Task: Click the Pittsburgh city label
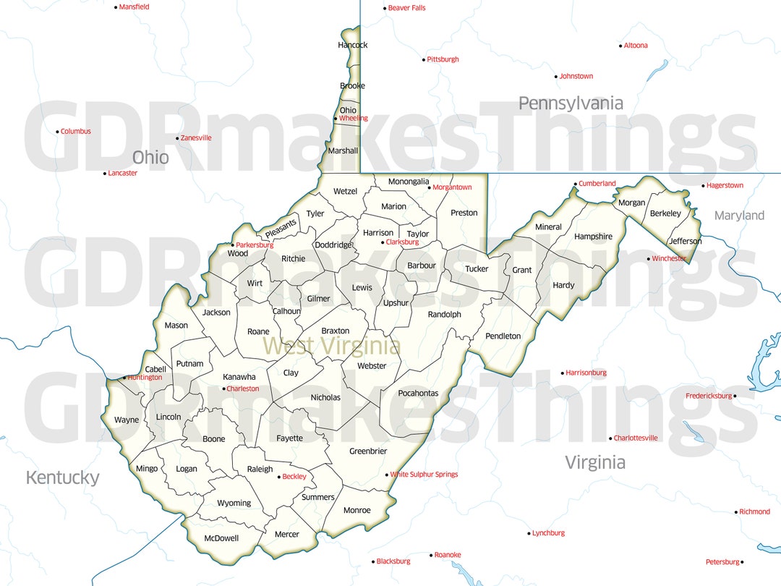(x=443, y=59)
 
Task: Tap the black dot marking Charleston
(x=223, y=389)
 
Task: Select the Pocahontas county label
(x=418, y=393)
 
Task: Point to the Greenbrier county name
(x=368, y=451)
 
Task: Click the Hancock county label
(x=353, y=45)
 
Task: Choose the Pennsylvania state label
(x=571, y=103)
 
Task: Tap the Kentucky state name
(x=62, y=477)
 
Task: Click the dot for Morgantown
(x=430, y=187)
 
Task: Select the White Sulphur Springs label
(x=424, y=475)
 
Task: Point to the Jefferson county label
(x=685, y=241)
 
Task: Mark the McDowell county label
(x=221, y=538)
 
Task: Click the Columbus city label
(x=76, y=132)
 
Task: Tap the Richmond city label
(x=754, y=511)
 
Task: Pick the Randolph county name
(x=444, y=314)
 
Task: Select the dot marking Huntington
(x=124, y=378)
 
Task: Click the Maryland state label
(x=739, y=216)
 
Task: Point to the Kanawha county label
(x=239, y=377)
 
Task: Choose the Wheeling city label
(x=353, y=118)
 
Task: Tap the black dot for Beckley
(x=278, y=477)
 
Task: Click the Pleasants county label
(x=281, y=229)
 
